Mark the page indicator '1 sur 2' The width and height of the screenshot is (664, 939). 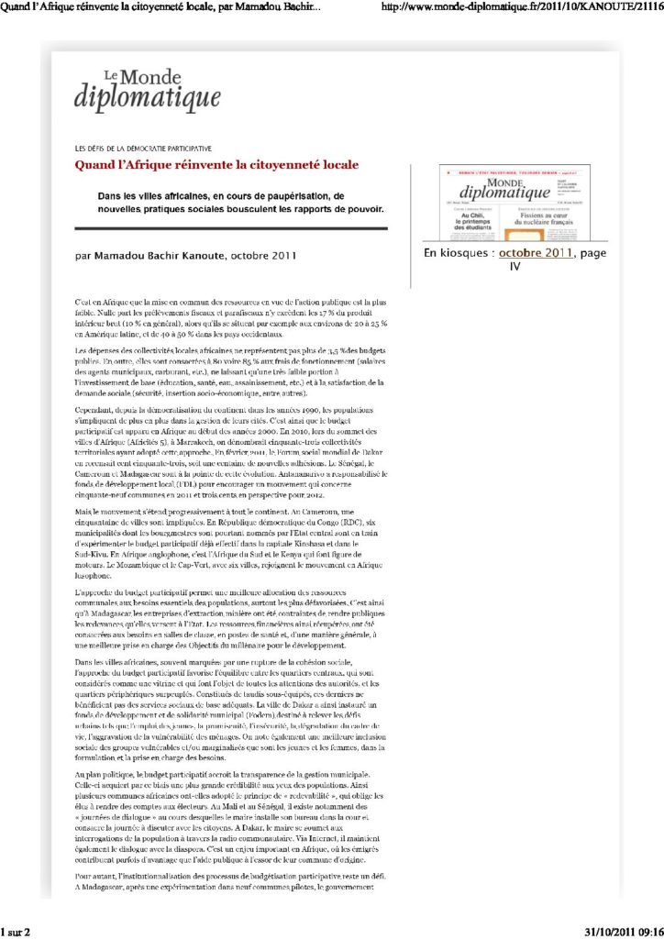pyautogui.click(x=17, y=932)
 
